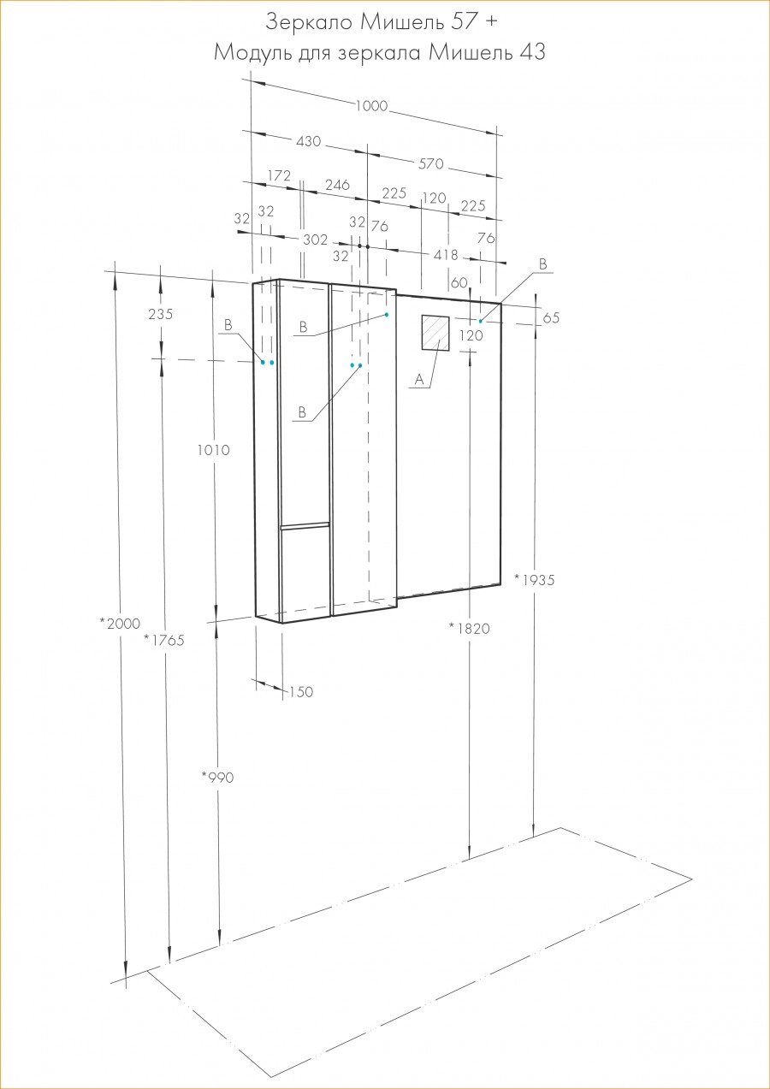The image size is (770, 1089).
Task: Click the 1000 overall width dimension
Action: point(372,106)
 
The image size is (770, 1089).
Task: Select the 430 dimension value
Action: point(307,141)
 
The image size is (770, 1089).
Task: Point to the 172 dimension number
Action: point(280,175)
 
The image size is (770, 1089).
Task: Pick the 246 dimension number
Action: point(338,185)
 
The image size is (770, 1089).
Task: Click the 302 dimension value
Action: point(316,240)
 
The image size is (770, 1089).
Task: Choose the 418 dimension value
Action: point(446,255)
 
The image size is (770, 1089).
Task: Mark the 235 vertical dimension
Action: point(161,314)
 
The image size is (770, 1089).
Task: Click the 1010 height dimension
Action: point(213,450)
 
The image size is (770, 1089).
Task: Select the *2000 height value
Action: point(120,624)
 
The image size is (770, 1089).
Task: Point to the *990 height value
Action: point(217,778)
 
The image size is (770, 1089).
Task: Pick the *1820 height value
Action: point(469,628)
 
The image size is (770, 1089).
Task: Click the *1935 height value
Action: point(535,579)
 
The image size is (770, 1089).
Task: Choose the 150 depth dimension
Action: point(301,692)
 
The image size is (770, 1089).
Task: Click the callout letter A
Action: point(418,378)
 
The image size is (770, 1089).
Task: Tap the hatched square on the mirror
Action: point(435,333)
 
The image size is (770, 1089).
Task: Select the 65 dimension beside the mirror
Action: point(551,317)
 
